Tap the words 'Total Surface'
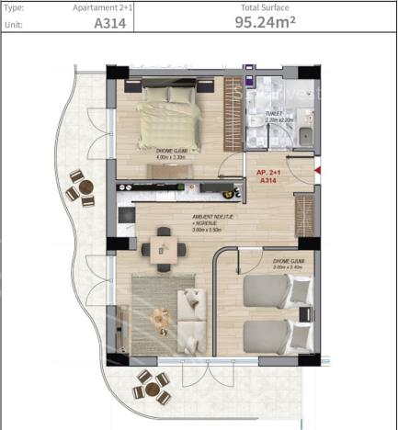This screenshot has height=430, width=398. coord(265,7)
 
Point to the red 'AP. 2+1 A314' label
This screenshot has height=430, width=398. coord(268,176)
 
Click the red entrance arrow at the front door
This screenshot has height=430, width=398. coord(316,170)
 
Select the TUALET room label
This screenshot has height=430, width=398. coord(278,118)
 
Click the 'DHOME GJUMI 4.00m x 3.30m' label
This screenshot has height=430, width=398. coord(174,156)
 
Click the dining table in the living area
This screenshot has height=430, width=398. coord(163,245)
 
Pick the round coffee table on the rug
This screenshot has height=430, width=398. coord(162,314)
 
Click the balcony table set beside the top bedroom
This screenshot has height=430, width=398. coord(82,190)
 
